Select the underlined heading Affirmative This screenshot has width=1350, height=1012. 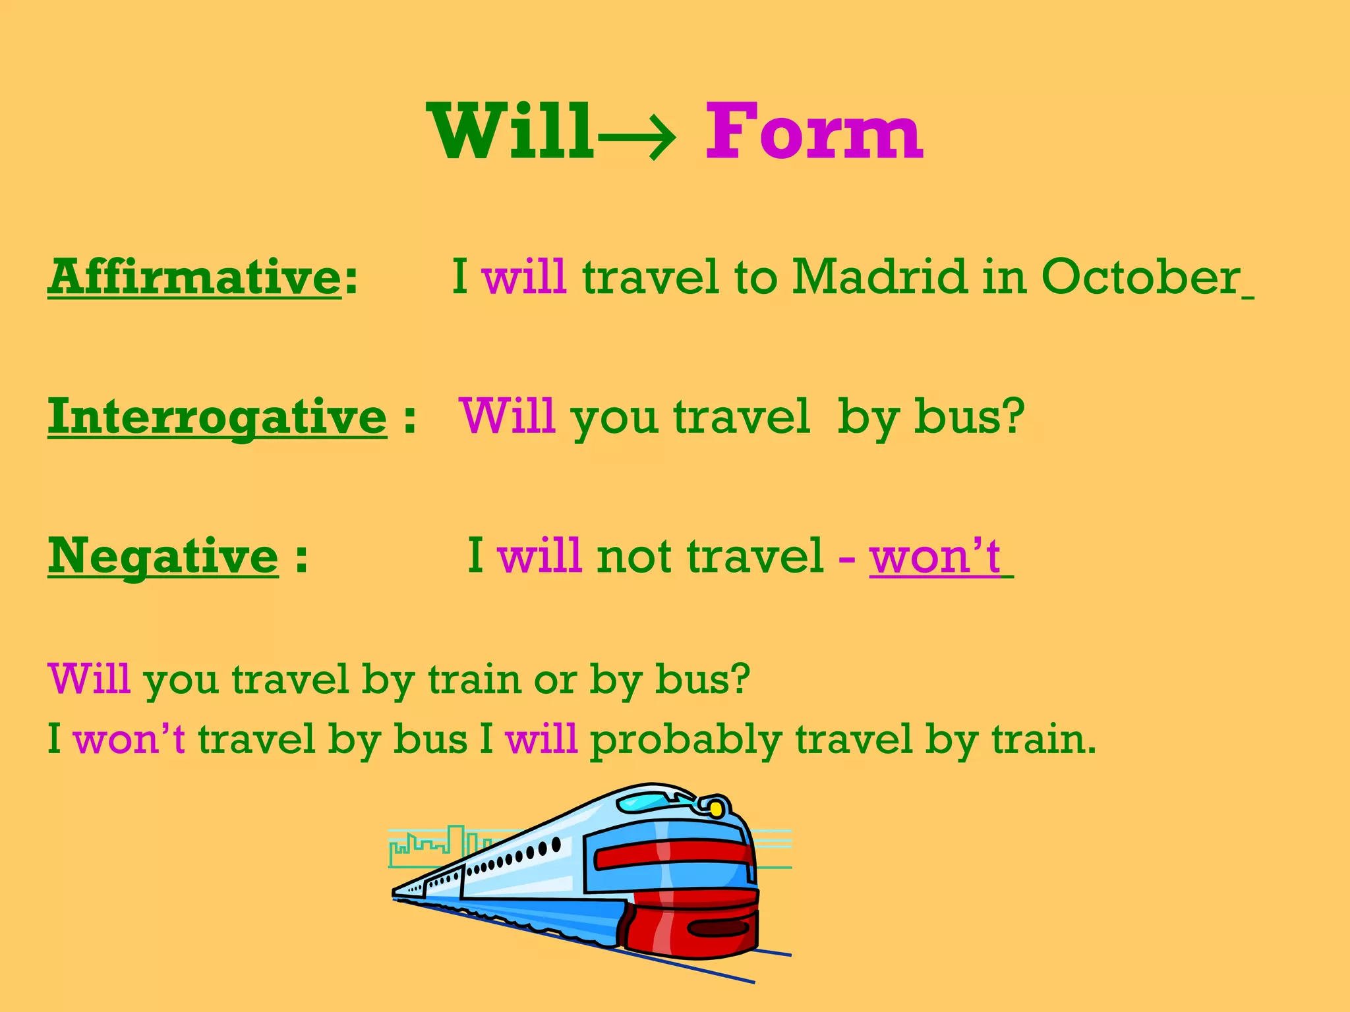(x=194, y=277)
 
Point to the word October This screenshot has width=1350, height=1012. (x=1140, y=277)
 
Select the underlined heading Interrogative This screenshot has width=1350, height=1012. (x=217, y=417)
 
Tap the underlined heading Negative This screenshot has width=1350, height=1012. (x=163, y=556)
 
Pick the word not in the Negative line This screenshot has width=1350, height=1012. (x=634, y=557)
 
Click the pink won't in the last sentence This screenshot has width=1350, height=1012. (x=129, y=739)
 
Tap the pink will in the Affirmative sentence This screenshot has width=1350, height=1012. (x=524, y=277)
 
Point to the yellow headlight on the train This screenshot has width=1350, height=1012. (x=715, y=807)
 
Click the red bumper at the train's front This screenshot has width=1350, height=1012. (x=692, y=929)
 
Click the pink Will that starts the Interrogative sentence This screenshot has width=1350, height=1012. (x=508, y=416)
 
